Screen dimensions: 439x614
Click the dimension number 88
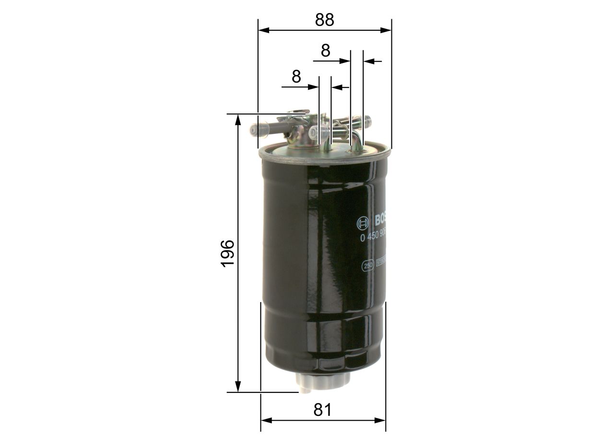pos(324,20)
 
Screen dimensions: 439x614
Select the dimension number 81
pos(323,410)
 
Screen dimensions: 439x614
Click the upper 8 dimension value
pos(326,50)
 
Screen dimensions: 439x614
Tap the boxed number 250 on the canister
pos(368,265)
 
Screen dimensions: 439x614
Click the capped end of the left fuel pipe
pos(254,129)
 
